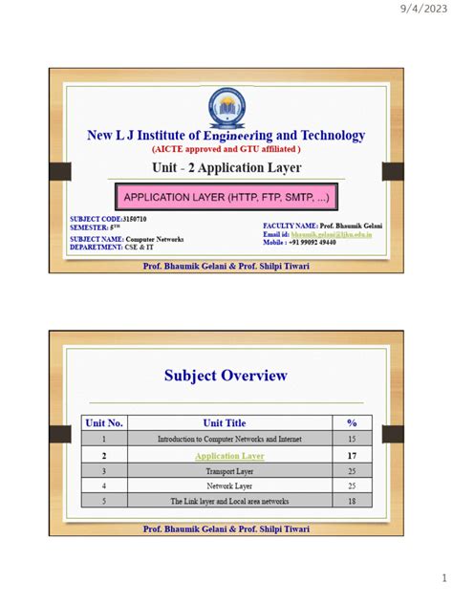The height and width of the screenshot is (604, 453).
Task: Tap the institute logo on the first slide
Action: pos(226,107)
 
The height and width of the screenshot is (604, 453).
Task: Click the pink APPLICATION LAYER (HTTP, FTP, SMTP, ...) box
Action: pos(226,199)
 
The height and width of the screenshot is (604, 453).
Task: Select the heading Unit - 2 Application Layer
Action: pos(226,168)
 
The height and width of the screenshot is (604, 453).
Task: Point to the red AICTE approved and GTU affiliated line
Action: pos(226,149)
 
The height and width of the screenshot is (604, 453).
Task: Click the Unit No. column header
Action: pos(105,422)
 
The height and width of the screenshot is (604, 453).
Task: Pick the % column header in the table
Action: pos(352,422)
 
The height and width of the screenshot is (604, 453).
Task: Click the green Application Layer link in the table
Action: pos(229,456)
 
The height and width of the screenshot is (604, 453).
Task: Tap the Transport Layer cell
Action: pos(229,471)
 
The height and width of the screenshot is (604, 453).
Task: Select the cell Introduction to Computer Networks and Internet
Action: pos(229,439)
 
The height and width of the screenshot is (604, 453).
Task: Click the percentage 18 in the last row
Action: pos(352,501)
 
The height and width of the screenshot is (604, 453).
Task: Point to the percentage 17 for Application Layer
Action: pos(352,456)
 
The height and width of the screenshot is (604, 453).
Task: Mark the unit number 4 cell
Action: pos(105,485)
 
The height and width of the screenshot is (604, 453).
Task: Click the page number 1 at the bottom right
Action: pos(443,579)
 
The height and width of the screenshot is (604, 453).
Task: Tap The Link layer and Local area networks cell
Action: pos(229,501)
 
